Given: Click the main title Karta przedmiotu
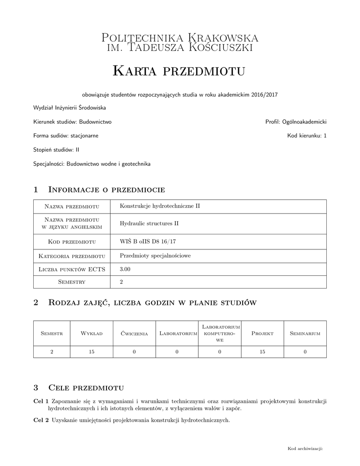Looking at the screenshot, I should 179,71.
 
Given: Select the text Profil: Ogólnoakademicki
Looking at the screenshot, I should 296,122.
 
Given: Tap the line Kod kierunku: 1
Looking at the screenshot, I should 307,136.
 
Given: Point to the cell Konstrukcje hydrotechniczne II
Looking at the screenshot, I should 160,206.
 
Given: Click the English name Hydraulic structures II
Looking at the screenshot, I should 149,223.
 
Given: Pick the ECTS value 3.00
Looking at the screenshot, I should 125,269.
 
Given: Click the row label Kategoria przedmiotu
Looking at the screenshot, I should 72,256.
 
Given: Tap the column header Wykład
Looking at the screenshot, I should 91,334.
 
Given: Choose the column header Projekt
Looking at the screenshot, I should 262,334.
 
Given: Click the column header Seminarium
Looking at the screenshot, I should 305,334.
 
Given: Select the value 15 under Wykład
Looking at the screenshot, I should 91,352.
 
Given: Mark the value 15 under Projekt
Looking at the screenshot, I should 262,352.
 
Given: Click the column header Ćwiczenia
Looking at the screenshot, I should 134,334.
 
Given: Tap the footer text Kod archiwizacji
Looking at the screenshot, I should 305,449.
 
